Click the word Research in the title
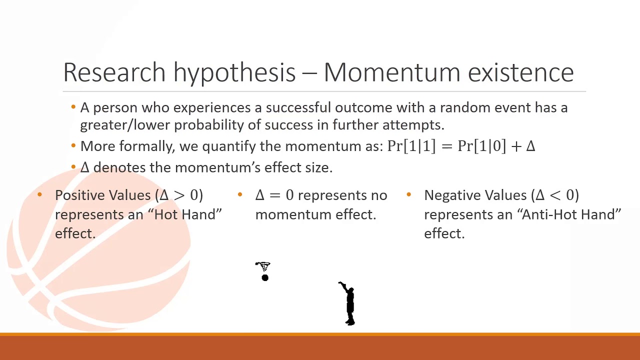[114, 72]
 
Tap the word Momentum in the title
[391, 72]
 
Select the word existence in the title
[521, 72]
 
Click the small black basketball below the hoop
[265, 277]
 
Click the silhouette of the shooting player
[348, 303]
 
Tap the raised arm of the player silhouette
[343, 286]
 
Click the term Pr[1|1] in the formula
[411, 146]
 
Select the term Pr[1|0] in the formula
[481, 146]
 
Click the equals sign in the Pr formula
[447, 146]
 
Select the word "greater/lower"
[124, 125]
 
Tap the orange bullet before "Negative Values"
[409, 195]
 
